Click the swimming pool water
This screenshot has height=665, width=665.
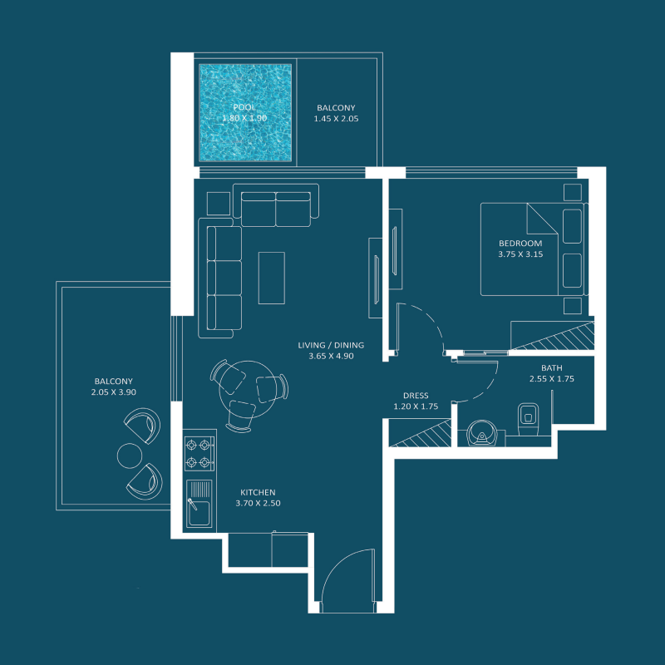(x=245, y=112)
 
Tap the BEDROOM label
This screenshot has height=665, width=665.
(x=520, y=243)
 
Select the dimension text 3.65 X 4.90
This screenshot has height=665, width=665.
(x=331, y=357)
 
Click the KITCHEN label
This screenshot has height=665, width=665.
(x=258, y=492)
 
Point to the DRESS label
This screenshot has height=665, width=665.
(x=416, y=396)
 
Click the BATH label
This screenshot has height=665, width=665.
(x=551, y=368)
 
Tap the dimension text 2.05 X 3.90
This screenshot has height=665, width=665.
(x=114, y=392)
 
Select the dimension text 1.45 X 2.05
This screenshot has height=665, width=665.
(x=336, y=119)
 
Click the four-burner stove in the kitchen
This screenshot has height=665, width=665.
(x=199, y=455)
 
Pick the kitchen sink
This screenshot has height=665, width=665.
(x=199, y=503)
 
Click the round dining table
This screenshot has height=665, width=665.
(x=247, y=389)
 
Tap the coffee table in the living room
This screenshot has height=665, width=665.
(x=272, y=278)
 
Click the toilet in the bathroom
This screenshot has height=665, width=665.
(x=528, y=419)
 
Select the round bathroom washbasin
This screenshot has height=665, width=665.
(x=482, y=432)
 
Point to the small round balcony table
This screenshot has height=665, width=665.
(x=130, y=456)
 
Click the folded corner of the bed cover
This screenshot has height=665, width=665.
(x=542, y=219)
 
